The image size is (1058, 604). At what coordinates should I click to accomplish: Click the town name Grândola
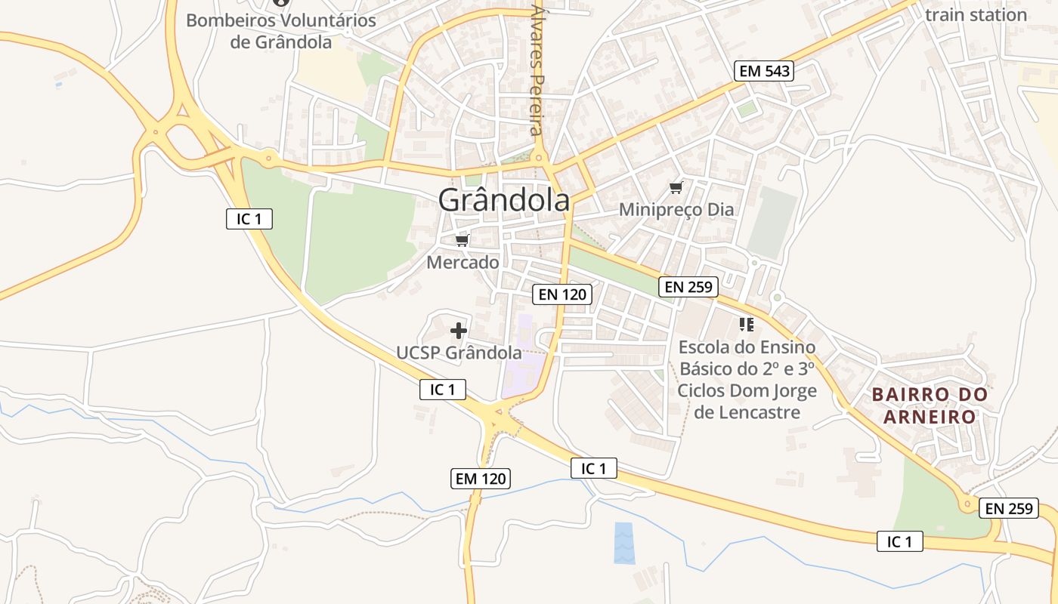click(x=504, y=201)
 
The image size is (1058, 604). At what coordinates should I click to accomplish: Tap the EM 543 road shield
click(x=764, y=72)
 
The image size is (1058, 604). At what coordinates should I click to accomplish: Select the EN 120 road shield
click(x=561, y=294)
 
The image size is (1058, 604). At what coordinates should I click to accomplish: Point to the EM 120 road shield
click(x=481, y=478)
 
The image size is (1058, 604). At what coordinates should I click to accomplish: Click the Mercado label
click(x=462, y=263)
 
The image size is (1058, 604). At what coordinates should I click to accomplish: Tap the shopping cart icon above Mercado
click(x=462, y=241)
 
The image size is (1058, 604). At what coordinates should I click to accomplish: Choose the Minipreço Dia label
click(x=676, y=209)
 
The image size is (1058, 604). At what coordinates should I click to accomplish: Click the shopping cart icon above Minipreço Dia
click(x=676, y=187)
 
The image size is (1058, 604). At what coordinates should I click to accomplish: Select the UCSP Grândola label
click(x=459, y=353)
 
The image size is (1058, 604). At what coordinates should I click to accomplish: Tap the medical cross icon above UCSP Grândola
click(x=458, y=330)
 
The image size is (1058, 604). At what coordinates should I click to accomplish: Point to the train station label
click(x=976, y=14)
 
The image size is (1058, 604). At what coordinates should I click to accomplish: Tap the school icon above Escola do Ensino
click(x=747, y=325)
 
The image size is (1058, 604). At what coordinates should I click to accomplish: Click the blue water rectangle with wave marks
click(x=625, y=543)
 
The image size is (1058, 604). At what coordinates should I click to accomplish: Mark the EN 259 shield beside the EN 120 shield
click(x=688, y=287)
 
